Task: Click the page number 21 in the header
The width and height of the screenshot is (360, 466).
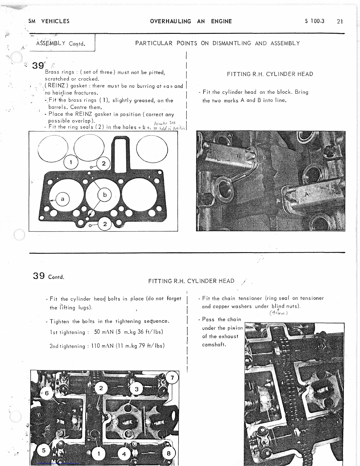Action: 340,21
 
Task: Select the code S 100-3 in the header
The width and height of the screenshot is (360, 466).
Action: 314,21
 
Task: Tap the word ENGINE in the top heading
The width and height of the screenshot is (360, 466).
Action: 221,21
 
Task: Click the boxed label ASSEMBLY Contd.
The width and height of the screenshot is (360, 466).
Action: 61,44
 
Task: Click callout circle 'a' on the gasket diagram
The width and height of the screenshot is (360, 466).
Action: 62,199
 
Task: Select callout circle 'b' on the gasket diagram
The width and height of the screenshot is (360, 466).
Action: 105,195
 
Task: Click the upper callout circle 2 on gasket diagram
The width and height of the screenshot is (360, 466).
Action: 104,164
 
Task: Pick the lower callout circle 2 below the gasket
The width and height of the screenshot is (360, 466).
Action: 105,224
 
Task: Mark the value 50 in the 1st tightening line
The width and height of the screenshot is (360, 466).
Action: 97,332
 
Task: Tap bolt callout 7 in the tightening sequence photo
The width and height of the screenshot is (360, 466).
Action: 172,377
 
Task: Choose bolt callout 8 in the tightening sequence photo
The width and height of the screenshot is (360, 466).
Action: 169,453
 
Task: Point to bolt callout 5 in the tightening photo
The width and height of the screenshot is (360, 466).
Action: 44,450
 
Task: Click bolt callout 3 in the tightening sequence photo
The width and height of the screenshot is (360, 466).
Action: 136,390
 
